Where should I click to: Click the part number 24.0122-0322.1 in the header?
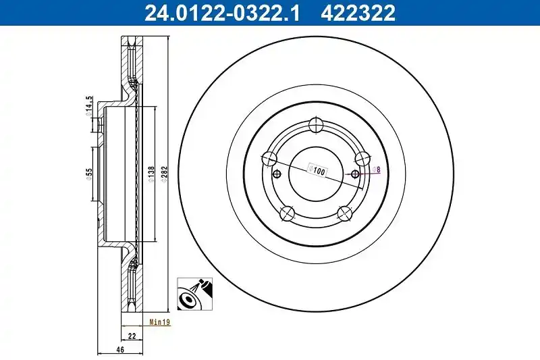[x=222, y=13]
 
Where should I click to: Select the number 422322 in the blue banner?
[x=358, y=13]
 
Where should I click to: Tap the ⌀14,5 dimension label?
[x=89, y=105]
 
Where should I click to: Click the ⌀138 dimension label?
[x=151, y=174]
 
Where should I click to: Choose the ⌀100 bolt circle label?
[x=317, y=170]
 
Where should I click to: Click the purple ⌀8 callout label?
[x=377, y=170]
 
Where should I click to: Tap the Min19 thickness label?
[x=160, y=322]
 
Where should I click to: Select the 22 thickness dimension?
[x=132, y=336]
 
